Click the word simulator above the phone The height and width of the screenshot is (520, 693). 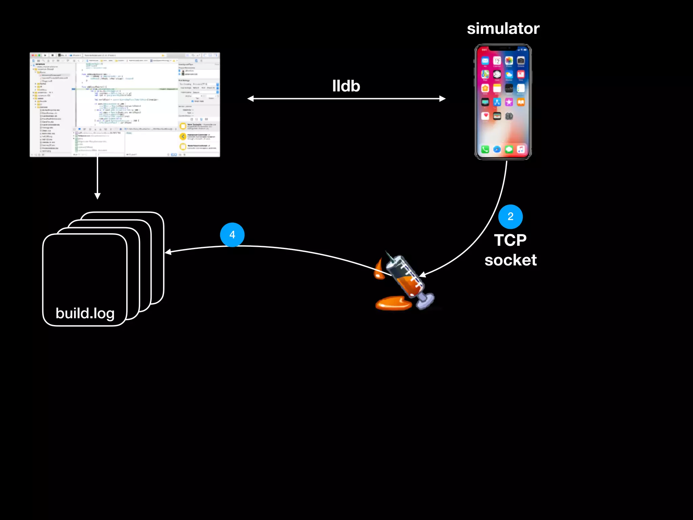tap(503, 29)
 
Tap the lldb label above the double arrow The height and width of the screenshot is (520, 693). tap(346, 86)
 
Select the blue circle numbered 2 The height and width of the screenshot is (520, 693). tap(510, 217)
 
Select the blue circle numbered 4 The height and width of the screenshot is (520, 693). tap(232, 235)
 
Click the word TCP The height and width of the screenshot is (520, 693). tap(510, 240)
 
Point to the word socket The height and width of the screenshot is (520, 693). tap(510, 260)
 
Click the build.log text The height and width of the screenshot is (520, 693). tap(85, 313)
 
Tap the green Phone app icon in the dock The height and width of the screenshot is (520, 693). tap(485, 149)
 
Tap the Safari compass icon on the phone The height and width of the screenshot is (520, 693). tap(497, 149)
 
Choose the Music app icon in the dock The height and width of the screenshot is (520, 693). tap(521, 149)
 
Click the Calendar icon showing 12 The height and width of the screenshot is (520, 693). tap(497, 61)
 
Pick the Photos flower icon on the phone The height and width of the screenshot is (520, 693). tap(509, 61)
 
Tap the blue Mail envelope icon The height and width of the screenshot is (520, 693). tap(485, 61)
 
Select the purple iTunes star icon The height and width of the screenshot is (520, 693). tap(509, 102)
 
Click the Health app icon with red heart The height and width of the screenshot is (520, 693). tap(485, 116)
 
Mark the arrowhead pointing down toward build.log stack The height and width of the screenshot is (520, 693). tap(97, 196)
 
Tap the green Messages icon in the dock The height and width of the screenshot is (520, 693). tap(509, 149)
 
